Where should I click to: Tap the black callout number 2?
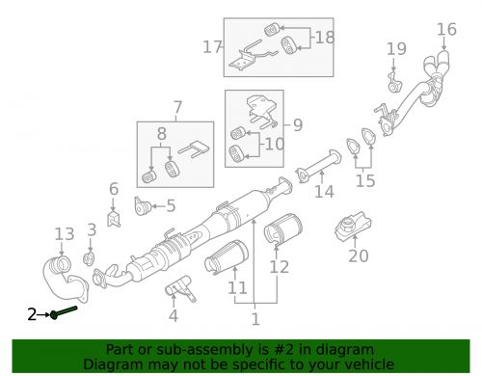(x=32, y=314)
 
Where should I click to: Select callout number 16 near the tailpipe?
(x=446, y=29)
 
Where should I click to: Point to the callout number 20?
(x=359, y=256)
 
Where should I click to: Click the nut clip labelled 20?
(x=353, y=224)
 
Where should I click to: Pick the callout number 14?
(x=324, y=192)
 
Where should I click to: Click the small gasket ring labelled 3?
(x=89, y=259)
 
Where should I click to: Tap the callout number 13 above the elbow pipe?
(x=65, y=234)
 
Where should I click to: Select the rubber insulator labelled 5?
(x=143, y=206)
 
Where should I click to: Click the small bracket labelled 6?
(x=114, y=219)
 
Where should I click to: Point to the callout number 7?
(x=177, y=108)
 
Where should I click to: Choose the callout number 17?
(x=212, y=47)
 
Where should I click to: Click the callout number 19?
(x=396, y=49)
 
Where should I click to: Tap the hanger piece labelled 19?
(x=394, y=83)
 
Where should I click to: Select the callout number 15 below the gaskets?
(x=365, y=181)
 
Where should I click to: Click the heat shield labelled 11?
(x=227, y=258)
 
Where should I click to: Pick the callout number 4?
(x=174, y=316)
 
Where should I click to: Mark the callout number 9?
(x=298, y=124)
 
